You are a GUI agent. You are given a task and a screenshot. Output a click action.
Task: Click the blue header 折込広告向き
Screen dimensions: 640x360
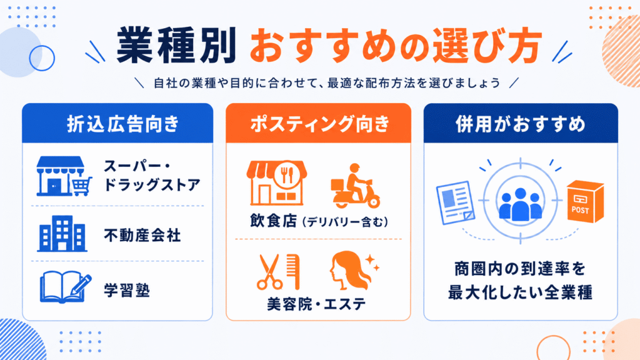pos(117,123)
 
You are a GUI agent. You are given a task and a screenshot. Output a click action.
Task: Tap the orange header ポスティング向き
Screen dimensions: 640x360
pos(318,123)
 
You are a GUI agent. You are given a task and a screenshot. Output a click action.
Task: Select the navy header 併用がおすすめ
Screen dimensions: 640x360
pos(521,123)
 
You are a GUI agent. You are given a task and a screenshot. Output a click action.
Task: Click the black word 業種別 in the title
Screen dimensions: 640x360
pos(176,45)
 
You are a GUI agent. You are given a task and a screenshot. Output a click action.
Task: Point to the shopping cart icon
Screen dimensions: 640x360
pos(82,186)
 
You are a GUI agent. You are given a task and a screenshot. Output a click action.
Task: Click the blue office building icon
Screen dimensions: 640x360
pos(62,234)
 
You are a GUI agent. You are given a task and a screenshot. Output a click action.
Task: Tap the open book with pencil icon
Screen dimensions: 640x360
pos(65,287)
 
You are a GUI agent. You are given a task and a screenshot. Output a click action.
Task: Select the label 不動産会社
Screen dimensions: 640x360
pos(142,236)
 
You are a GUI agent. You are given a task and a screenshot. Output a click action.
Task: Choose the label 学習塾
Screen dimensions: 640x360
pos(127,291)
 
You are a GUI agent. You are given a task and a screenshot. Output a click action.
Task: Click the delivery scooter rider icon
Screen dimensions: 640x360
pos(355,186)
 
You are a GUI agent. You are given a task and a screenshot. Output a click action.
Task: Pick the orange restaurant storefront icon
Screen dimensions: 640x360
pos(276,182)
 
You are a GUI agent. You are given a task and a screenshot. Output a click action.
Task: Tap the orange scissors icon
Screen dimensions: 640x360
pos(269,272)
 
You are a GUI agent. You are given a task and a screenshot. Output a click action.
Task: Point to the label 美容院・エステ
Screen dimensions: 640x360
pos(316,304)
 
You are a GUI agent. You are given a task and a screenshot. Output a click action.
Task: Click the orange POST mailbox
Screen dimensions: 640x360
pos(585,201)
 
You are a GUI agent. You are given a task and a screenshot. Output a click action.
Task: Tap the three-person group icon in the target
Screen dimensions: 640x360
pos(521,204)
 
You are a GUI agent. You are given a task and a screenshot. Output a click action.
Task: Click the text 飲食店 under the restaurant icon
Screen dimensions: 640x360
pos(273,221)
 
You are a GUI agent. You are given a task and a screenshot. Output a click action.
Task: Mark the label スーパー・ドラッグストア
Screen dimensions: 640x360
pos(152,176)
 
